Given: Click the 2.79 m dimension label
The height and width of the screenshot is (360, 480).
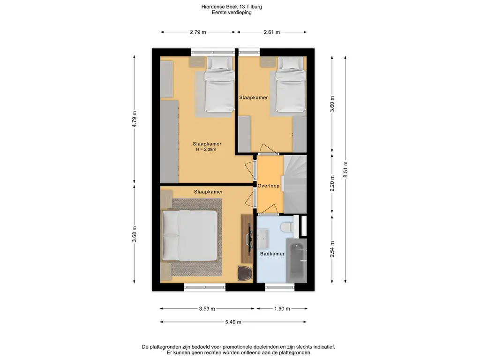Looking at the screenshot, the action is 198,32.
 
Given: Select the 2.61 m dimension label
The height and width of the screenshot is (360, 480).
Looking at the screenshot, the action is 271,32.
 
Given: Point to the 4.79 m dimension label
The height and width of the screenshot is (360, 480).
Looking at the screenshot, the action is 134,119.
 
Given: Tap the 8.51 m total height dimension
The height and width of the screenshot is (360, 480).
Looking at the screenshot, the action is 345,169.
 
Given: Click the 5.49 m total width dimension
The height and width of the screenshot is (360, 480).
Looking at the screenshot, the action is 233,322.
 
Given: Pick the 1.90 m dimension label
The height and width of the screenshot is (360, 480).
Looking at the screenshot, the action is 282,309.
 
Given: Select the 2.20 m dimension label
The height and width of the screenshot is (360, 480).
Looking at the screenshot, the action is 332,183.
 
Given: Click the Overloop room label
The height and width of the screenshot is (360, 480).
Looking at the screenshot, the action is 269,186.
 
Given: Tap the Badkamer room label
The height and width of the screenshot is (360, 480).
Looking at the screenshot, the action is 272,254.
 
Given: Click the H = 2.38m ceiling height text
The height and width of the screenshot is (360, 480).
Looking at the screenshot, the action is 206,150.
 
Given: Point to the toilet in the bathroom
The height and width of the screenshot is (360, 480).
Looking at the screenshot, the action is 287,227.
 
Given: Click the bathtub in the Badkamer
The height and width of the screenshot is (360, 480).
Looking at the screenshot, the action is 296,261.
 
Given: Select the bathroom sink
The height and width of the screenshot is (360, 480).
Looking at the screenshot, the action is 262,239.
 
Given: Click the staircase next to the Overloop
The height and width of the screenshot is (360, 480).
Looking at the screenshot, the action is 295,184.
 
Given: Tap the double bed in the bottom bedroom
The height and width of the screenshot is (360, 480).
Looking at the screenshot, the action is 190,236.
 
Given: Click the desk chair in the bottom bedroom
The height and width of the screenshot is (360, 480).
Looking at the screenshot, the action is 245,273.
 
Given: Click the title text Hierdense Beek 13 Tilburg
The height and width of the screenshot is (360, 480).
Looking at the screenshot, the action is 232,7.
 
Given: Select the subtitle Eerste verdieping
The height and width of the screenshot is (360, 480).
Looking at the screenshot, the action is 232,13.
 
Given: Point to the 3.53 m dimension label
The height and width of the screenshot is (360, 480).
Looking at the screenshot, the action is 207,309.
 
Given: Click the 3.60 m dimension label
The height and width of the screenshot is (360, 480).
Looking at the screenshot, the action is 332,104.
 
